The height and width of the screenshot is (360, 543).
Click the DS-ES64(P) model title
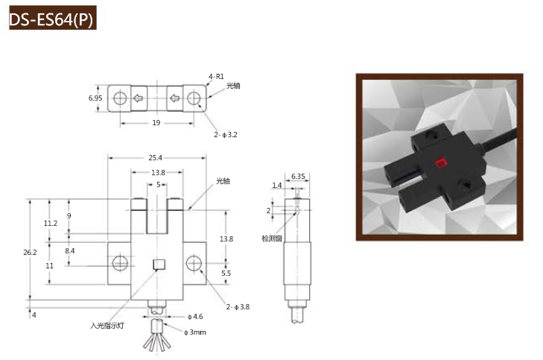51,19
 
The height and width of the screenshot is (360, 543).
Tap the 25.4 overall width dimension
155,158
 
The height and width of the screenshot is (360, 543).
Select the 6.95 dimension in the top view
95,98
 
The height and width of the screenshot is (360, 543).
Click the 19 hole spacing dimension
156,123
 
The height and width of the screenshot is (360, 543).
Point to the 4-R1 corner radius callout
217,77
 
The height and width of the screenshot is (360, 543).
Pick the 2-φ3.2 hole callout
226,134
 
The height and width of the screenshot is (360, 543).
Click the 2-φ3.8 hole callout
238,306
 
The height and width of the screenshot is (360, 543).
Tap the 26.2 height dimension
30,252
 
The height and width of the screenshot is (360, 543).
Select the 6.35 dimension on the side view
298,177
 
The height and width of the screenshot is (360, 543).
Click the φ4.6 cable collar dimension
195,316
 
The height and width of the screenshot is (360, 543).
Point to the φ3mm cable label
195,332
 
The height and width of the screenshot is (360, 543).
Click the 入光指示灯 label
107,326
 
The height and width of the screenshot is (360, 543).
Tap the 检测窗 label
272,239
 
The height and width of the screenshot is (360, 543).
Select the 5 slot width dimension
158,185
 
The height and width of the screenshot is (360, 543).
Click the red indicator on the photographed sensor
441,162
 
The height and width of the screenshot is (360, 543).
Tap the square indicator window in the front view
159,265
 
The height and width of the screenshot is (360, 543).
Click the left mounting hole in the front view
120,263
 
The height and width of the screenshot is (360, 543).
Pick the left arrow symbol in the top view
139,98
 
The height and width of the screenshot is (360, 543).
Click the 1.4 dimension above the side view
277,186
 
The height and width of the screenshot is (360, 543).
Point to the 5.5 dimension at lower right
226,273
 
